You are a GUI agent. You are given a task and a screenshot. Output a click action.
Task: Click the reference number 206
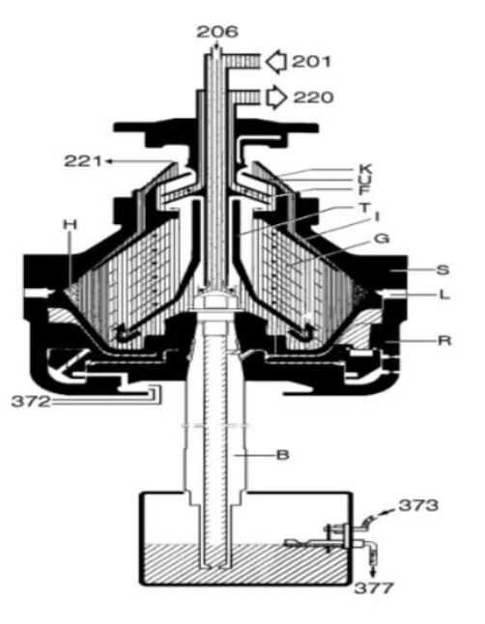(x=217, y=32)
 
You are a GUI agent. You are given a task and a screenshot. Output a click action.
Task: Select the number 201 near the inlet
(x=311, y=62)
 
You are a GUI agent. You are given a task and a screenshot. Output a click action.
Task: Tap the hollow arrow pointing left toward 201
(x=276, y=62)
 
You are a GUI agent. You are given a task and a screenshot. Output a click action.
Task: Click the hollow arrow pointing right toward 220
(x=276, y=98)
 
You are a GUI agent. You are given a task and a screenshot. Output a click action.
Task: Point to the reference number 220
(x=313, y=98)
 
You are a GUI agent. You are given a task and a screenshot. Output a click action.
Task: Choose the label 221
(x=83, y=161)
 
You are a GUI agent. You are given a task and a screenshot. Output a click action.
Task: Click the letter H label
(x=71, y=225)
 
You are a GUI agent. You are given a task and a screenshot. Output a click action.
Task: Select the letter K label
(x=365, y=169)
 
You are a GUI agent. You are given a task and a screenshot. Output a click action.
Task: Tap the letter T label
(x=365, y=208)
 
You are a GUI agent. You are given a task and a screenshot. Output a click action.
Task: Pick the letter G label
(x=382, y=239)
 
